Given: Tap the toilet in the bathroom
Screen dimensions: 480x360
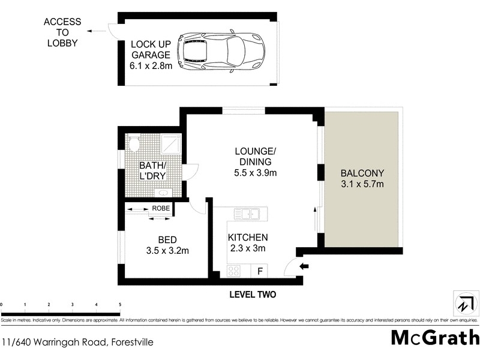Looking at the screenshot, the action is pyautogui.click(x=134, y=144).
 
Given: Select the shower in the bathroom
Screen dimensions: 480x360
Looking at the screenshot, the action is pyautogui.click(x=171, y=143).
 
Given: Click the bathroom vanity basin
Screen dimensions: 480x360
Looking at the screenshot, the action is pyautogui.click(x=163, y=193).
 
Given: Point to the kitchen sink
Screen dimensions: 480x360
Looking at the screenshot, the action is pyautogui.click(x=247, y=214).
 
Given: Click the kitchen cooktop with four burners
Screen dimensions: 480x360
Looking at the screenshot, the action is pyautogui.click(x=233, y=271).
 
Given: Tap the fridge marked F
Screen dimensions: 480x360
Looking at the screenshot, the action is pyautogui.click(x=260, y=271).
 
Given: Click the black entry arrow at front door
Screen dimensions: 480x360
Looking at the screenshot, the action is pyautogui.click(x=304, y=266).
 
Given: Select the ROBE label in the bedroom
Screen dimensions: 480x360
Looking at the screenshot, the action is pyautogui.click(x=161, y=208).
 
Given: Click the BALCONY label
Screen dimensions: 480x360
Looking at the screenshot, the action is pyautogui.click(x=362, y=173).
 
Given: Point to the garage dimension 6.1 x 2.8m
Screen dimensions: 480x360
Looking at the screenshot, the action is pyautogui.click(x=151, y=65).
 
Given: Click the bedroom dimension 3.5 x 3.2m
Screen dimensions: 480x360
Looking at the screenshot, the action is pyautogui.click(x=167, y=251).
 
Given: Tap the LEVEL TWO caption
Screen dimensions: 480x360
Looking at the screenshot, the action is pyautogui.click(x=253, y=295).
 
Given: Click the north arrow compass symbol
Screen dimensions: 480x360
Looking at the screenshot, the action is pyautogui.click(x=466, y=303).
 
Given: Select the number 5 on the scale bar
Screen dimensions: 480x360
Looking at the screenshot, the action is pyautogui.click(x=120, y=305).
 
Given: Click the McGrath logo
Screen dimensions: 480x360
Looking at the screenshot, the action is pyautogui.click(x=436, y=338).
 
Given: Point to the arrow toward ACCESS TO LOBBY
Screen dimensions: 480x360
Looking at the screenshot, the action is pyautogui.click(x=96, y=31).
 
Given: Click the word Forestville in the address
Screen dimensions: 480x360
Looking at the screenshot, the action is pyautogui.click(x=132, y=341).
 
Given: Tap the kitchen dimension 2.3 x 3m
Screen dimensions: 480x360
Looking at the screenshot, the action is pyautogui.click(x=248, y=248).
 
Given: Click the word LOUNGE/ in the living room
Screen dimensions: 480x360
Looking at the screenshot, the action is pyautogui.click(x=256, y=151).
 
